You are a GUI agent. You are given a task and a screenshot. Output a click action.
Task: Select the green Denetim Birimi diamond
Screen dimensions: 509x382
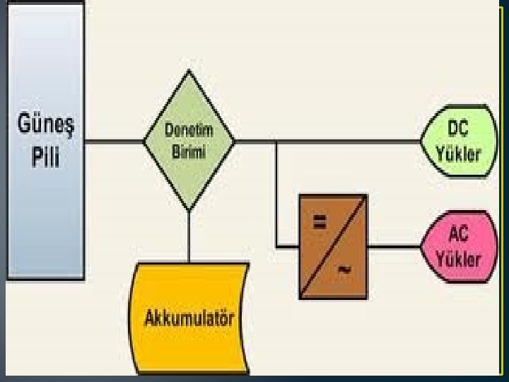[189, 141]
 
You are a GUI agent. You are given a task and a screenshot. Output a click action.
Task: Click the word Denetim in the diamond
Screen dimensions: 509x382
[189, 131]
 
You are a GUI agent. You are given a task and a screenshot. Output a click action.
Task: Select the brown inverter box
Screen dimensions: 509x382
[333, 246]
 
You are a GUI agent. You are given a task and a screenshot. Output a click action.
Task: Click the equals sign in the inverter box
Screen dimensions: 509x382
[319, 222]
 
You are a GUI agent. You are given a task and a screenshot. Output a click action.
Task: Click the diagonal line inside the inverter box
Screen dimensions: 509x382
[333, 246]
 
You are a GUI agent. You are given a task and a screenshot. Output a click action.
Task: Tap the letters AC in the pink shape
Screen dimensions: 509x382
[460, 234]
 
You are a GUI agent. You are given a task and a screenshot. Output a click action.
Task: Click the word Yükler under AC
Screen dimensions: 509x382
[460, 257]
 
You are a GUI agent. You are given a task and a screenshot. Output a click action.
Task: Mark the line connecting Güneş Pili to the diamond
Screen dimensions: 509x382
[114, 141]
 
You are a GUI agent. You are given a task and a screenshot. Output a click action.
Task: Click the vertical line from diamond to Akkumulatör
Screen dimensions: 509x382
[189, 236]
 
